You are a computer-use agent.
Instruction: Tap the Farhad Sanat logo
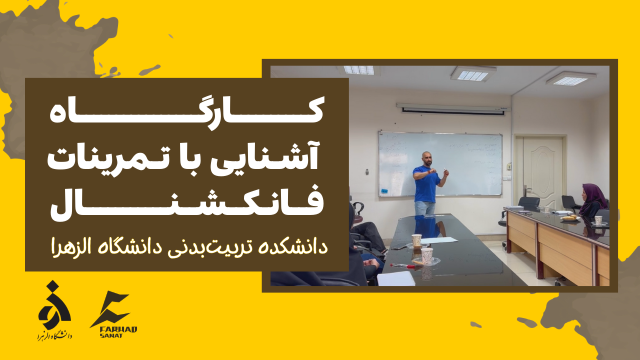click(x=112, y=315)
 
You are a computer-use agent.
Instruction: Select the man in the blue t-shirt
click(x=426, y=187)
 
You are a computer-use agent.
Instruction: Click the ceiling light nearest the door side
click(x=570, y=78)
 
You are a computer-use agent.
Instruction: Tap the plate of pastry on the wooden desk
click(x=569, y=218)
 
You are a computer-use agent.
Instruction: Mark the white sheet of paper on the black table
click(x=438, y=240)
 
